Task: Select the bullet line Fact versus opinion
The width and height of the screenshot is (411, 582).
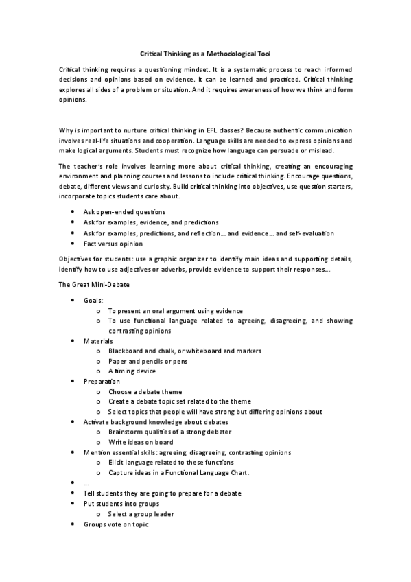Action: tap(113, 244)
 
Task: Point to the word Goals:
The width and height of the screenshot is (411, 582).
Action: tap(94, 301)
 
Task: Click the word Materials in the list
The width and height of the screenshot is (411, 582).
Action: tap(98, 341)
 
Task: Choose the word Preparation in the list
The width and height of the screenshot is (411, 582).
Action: tap(102, 381)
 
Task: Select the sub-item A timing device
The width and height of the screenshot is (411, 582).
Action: tap(132, 371)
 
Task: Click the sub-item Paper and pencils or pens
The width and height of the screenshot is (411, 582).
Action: tap(148, 361)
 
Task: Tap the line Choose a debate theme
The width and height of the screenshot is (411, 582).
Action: tap(145, 391)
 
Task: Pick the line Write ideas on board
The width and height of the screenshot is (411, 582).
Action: tap(141, 443)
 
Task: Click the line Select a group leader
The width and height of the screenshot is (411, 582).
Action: tap(141, 513)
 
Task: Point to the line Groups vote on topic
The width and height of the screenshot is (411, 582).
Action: tap(115, 524)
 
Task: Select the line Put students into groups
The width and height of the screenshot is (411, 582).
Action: tap(121, 504)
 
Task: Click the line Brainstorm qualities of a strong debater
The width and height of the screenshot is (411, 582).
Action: tap(169, 432)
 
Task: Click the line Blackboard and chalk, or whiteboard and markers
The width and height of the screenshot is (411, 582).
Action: tap(185, 351)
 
